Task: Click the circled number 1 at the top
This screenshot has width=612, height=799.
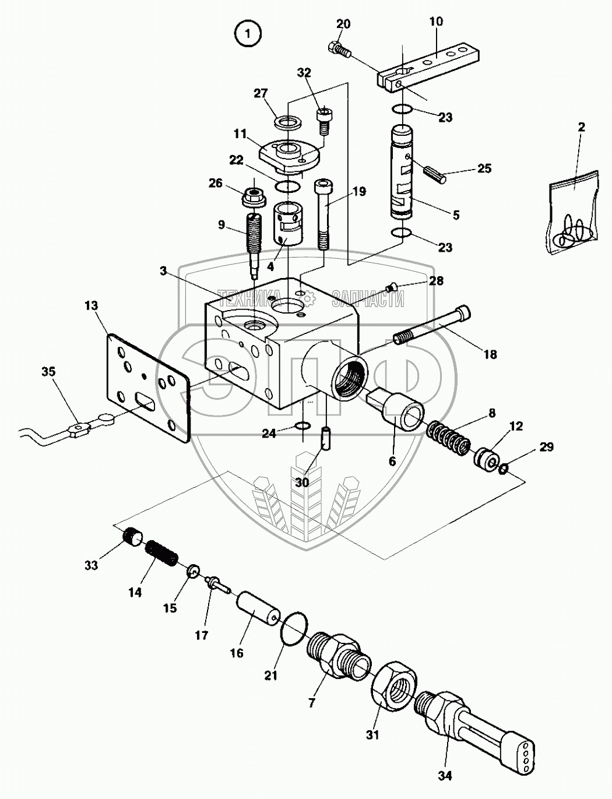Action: [247, 34]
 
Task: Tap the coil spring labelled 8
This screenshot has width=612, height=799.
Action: [448, 437]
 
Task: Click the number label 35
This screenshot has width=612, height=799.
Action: [48, 372]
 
